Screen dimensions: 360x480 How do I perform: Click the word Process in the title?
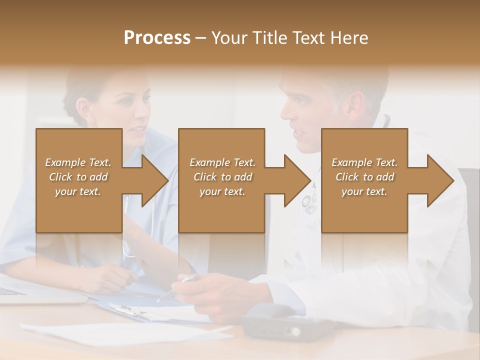click(x=157, y=38)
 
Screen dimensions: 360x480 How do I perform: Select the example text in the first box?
click(x=78, y=177)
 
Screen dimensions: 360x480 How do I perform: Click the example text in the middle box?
click(x=222, y=177)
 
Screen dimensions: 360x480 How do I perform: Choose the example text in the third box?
click(x=364, y=177)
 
